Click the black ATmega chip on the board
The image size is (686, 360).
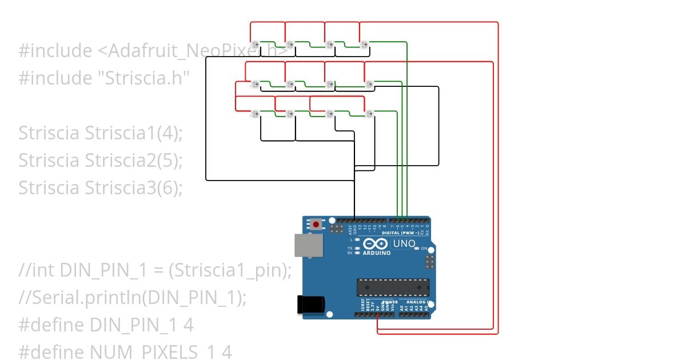(x=393, y=287)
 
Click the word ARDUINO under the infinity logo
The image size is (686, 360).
(x=376, y=253)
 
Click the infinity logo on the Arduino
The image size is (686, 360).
(x=375, y=244)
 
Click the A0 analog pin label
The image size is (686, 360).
(x=402, y=307)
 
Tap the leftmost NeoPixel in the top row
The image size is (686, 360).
(x=256, y=44)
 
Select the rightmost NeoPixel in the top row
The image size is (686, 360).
(x=364, y=44)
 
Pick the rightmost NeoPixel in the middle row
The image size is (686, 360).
(x=369, y=85)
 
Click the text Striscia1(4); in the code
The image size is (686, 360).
(x=134, y=133)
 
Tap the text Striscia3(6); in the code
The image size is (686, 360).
(x=134, y=187)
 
